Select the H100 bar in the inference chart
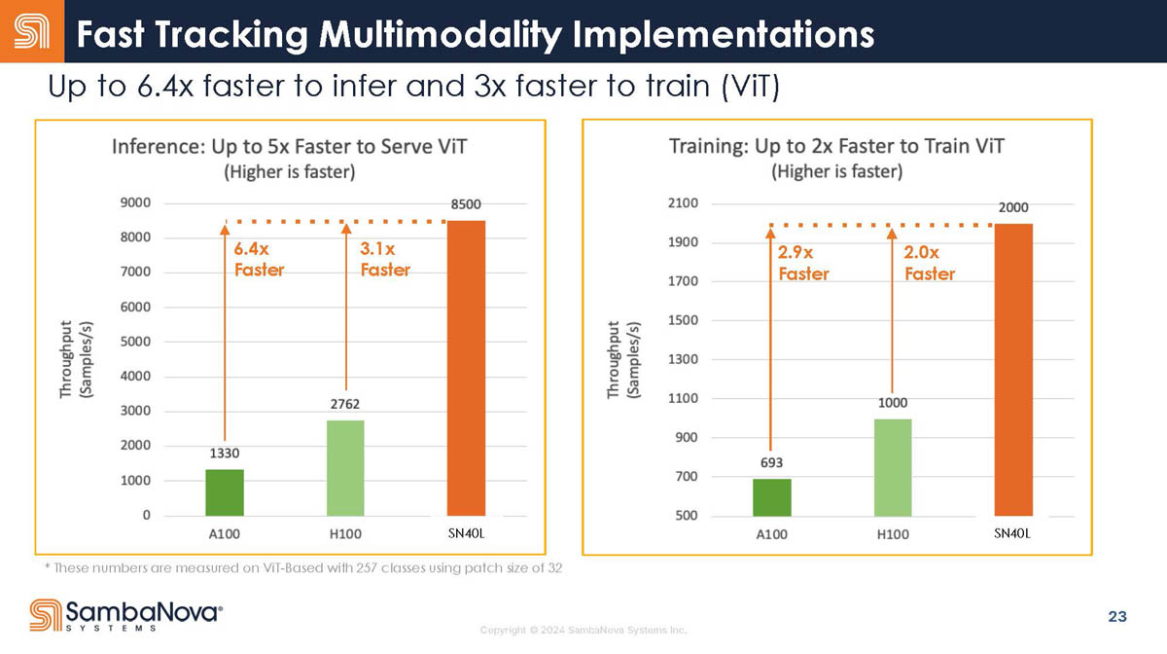pos(345,467)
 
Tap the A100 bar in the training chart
pos(772,496)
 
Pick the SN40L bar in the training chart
pos(1012,369)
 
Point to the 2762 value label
pos(345,403)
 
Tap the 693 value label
pos(772,461)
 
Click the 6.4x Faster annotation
pos(259,260)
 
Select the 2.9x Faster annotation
pos(803,263)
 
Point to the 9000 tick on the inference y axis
pos(134,202)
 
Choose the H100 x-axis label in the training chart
pos(893,534)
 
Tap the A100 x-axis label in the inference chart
pos(225,534)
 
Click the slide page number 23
pos(1117,616)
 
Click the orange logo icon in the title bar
pos(32,31)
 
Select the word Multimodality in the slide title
pos(442,34)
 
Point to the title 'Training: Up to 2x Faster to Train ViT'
pos(836,147)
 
